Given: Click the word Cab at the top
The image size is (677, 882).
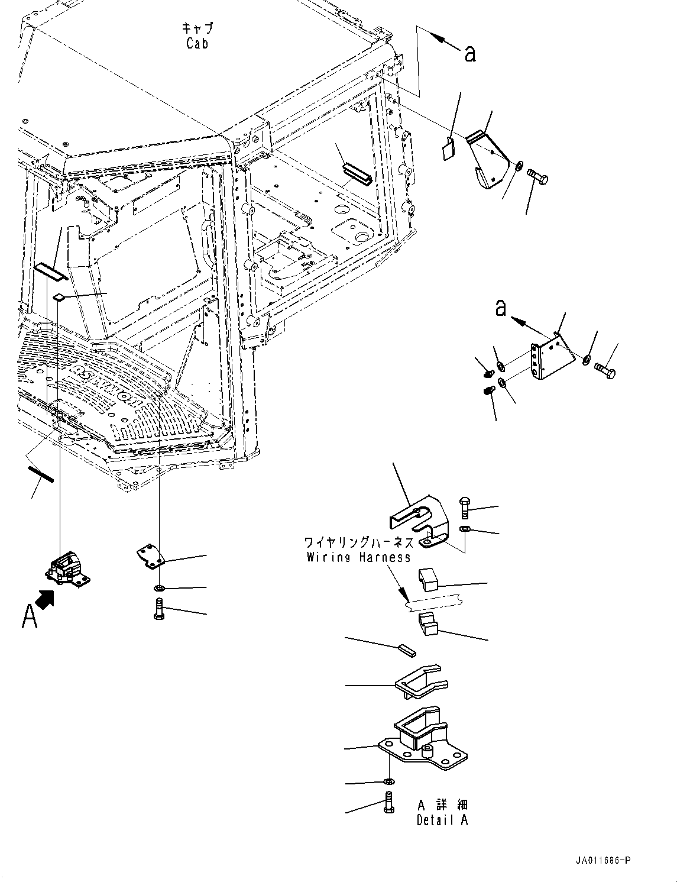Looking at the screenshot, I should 197,43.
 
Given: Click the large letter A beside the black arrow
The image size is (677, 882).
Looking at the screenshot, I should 29,615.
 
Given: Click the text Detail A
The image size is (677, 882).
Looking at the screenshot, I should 442,820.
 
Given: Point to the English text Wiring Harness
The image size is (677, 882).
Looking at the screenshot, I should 358,557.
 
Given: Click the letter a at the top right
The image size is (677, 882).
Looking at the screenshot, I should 470,53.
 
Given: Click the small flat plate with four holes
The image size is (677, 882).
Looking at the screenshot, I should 151,557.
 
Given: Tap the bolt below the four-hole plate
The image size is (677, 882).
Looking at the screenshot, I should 159,609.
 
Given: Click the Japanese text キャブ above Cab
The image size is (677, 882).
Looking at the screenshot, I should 197,28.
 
